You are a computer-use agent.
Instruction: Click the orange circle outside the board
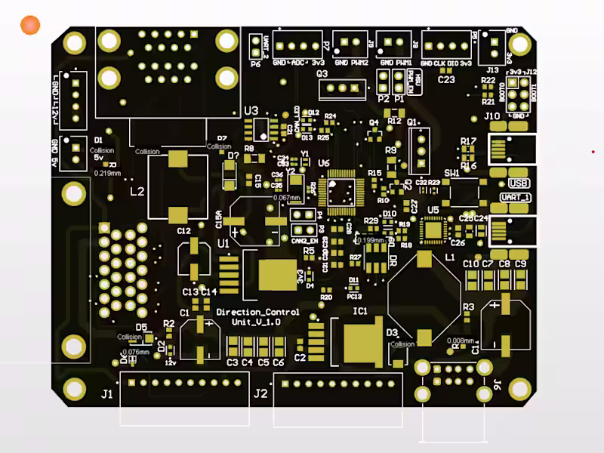(x=30, y=26)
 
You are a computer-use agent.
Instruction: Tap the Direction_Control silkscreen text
(x=257, y=312)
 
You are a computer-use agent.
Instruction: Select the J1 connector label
(x=106, y=393)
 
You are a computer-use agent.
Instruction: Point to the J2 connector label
(x=260, y=393)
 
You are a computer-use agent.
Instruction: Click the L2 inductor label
(x=137, y=191)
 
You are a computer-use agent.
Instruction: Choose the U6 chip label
(x=324, y=162)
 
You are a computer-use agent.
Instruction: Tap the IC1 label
(x=360, y=310)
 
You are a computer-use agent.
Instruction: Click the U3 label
(x=251, y=110)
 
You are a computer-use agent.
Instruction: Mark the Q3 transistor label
(x=322, y=74)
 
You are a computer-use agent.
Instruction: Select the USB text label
(x=519, y=183)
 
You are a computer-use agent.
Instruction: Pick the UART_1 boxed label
(x=515, y=197)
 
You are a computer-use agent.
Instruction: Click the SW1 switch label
(x=451, y=173)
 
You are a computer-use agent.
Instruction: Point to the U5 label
(x=433, y=209)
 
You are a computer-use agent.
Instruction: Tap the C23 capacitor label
(x=446, y=79)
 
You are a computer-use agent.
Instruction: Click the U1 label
(x=223, y=244)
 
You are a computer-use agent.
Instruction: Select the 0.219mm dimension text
(x=107, y=173)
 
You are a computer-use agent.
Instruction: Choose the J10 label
(x=492, y=116)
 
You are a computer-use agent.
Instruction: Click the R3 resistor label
(x=468, y=307)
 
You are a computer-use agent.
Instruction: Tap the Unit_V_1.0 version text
(x=257, y=322)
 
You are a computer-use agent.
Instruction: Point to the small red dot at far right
(x=593, y=152)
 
